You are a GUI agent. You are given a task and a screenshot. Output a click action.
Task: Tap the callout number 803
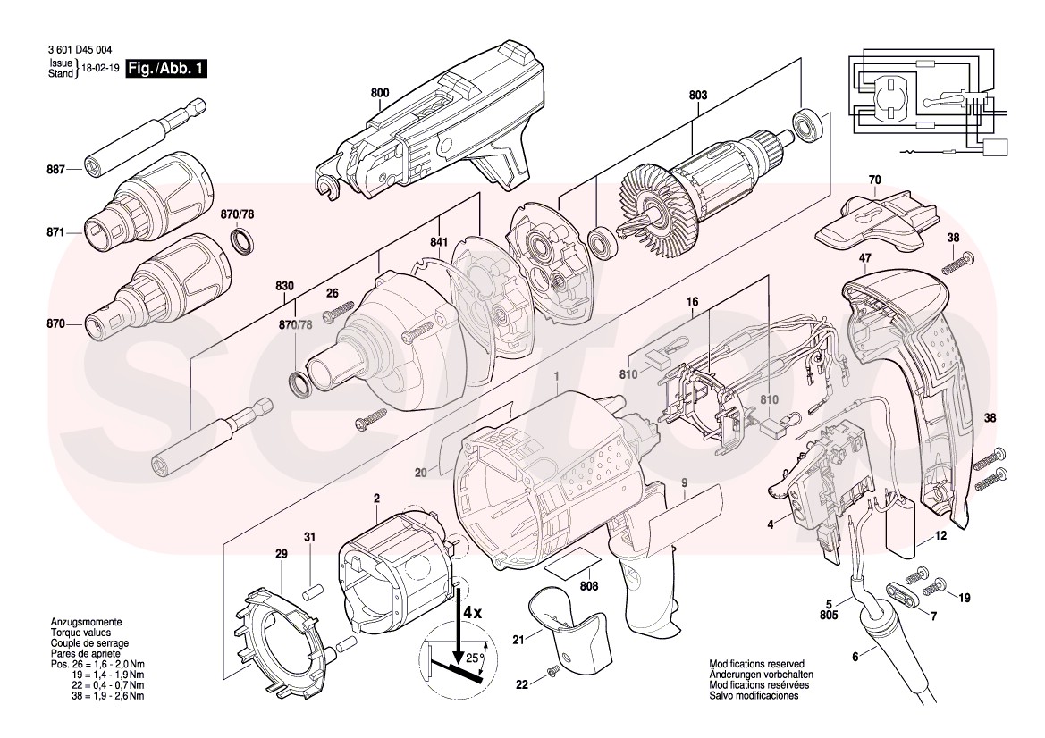[698, 93]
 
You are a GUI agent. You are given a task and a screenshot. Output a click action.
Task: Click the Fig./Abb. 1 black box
[166, 69]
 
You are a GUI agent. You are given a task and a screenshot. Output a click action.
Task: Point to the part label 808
[588, 587]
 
